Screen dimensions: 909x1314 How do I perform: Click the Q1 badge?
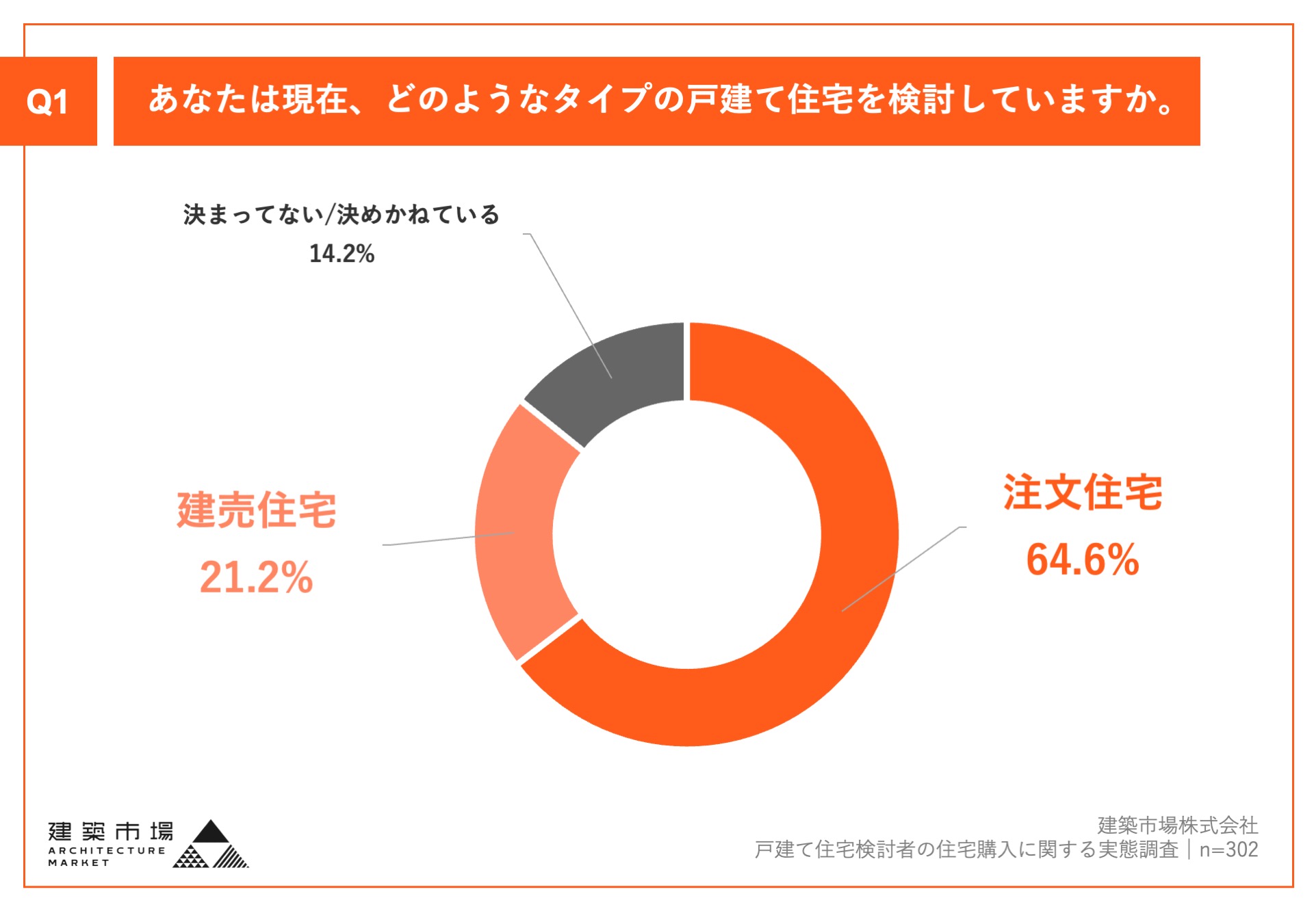48,101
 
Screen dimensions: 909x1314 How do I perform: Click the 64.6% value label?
1082,559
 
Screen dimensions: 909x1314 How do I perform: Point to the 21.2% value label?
256,577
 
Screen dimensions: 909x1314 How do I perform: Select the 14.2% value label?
342,254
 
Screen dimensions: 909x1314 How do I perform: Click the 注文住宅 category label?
1082,492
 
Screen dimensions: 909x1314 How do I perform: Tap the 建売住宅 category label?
256,510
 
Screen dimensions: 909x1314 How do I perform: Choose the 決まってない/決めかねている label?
341,215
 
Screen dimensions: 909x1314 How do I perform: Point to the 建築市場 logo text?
111,832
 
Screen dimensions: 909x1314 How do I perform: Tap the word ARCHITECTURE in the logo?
107,851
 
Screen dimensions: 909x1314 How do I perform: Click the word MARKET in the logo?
79,863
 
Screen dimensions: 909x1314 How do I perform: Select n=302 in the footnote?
1228,849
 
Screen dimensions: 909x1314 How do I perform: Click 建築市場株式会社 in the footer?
1177,825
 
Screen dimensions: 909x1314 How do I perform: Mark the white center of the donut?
686,533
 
